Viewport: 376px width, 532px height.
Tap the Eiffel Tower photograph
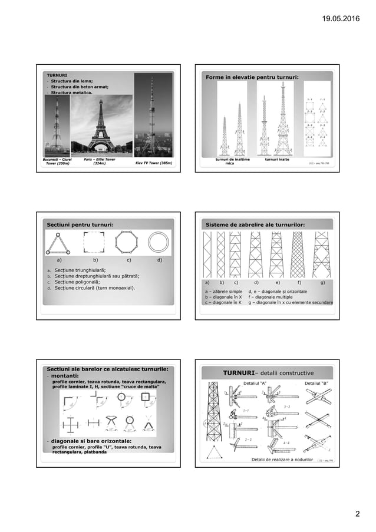point(101,124)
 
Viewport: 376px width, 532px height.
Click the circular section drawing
point(158,242)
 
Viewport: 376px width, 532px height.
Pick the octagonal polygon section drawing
point(126,242)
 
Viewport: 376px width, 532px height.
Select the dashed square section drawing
point(93,242)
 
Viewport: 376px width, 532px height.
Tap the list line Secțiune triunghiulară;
point(80,269)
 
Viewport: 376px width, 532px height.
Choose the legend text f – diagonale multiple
point(275,297)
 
